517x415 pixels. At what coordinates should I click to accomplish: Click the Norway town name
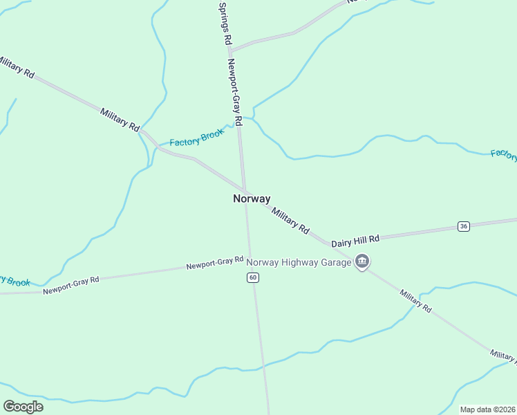(x=252, y=199)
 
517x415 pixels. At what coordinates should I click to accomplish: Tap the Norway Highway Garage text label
(x=299, y=262)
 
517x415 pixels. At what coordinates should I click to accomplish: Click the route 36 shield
(x=463, y=226)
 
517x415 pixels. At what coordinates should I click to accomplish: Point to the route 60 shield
(x=253, y=277)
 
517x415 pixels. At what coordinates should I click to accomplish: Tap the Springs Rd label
(x=223, y=24)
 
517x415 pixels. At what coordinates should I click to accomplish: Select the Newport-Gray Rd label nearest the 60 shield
(x=215, y=264)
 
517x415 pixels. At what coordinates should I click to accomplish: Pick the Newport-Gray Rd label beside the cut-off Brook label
(x=71, y=285)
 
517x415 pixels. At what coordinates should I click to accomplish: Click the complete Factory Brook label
(x=197, y=138)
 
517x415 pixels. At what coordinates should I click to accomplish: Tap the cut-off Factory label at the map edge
(x=503, y=154)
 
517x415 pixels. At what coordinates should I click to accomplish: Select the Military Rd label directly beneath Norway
(x=290, y=220)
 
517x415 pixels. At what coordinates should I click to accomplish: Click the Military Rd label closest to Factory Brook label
(x=120, y=120)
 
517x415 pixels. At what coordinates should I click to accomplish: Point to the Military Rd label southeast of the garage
(x=415, y=301)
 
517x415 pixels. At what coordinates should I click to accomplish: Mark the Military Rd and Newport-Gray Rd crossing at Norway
(x=243, y=192)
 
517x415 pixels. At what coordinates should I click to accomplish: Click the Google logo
(x=23, y=407)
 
